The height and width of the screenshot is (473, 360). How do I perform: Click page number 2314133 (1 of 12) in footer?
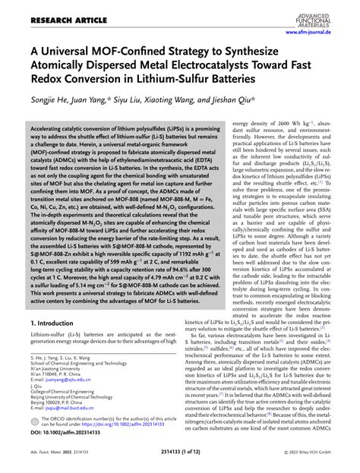pos(179,463)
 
